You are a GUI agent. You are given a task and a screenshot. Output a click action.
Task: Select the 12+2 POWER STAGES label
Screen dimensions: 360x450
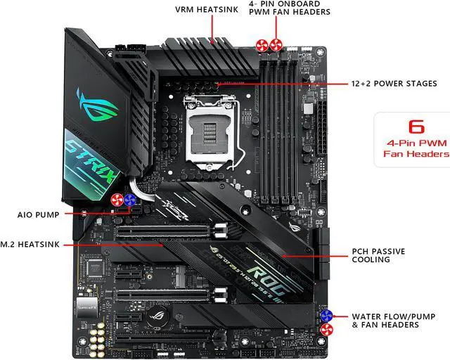(x=394, y=84)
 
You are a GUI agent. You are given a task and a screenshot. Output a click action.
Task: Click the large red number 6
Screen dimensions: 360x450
(x=416, y=127)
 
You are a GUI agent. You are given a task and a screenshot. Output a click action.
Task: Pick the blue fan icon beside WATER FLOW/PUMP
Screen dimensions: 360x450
(x=326, y=315)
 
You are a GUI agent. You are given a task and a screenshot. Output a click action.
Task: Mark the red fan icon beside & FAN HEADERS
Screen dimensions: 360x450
(x=326, y=328)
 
